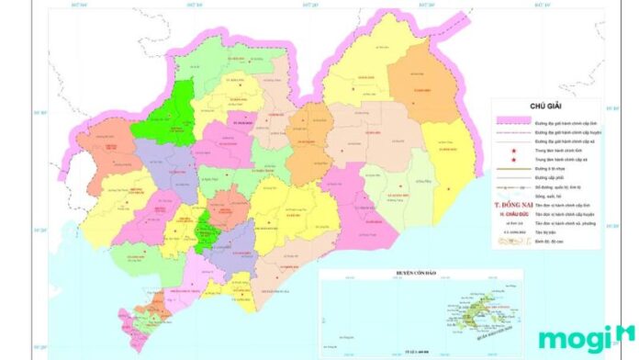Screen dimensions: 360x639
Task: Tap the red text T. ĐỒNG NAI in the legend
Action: [x=511, y=206]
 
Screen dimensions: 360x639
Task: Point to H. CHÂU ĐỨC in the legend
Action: [x=511, y=214]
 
